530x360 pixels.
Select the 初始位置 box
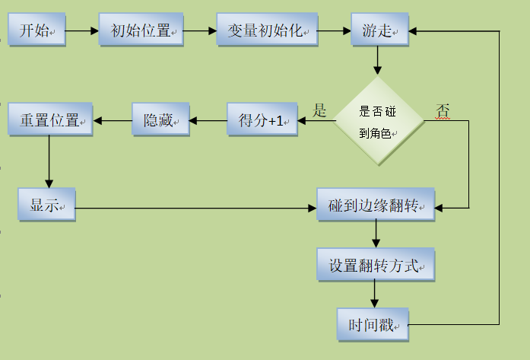click(x=141, y=31)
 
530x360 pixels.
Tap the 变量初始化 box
click(x=265, y=31)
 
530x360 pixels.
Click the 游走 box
click(x=379, y=31)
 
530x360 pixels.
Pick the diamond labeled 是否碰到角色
click(x=379, y=120)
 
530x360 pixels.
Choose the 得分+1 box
click(x=262, y=120)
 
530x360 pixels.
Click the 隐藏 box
click(x=160, y=120)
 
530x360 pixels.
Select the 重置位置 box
click(x=49, y=120)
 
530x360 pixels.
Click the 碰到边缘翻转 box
click(x=375, y=205)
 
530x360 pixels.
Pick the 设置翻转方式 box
click(x=375, y=266)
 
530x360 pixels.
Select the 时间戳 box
click(x=373, y=325)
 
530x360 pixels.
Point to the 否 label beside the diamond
click(x=443, y=111)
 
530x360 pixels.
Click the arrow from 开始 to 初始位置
click(x=82, y=31)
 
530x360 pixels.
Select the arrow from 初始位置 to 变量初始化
click(x=200, y=31)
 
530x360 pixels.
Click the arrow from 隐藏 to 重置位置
click(x=113, y=120)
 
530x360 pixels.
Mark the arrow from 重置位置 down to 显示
click(x=49, y=162)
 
